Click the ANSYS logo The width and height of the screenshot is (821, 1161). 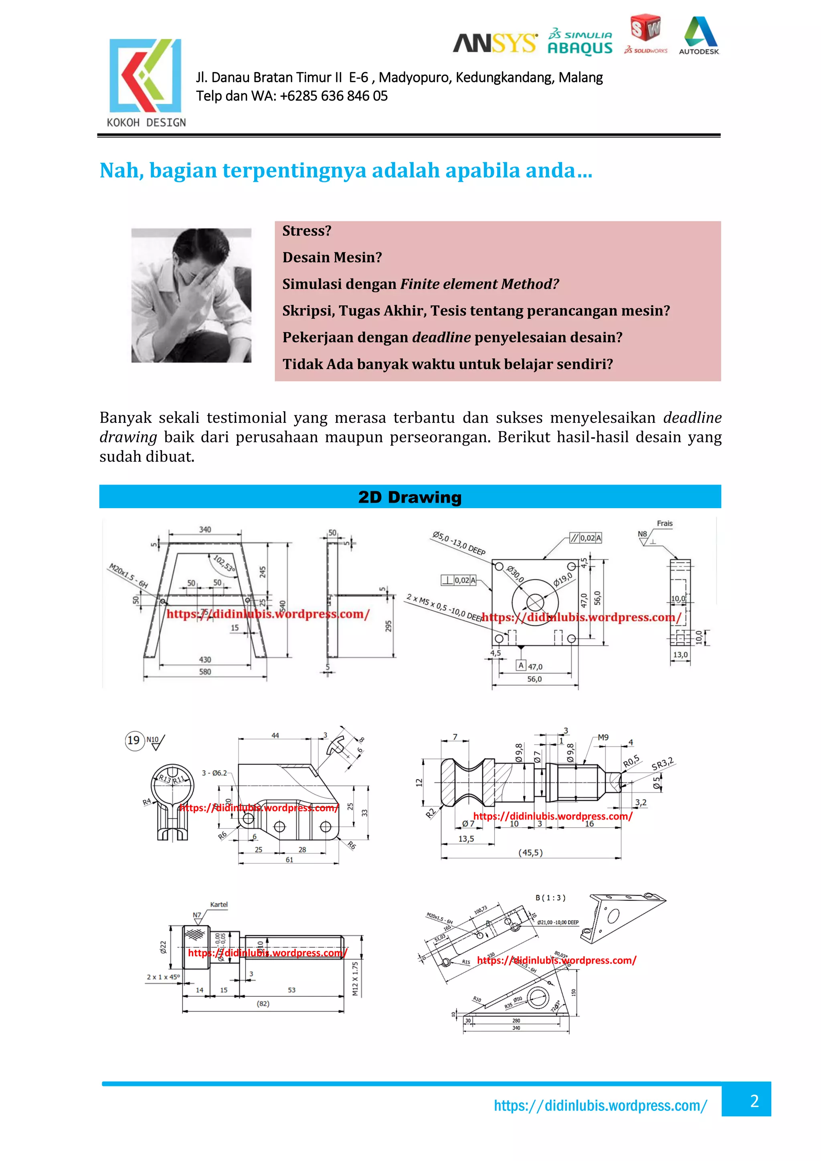(494, 44)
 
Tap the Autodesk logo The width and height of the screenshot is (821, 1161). (699, 35)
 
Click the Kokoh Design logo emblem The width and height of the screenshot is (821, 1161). (145, 75)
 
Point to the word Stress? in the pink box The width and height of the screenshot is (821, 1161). (307, 231)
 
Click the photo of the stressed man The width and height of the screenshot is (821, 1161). (191, 295)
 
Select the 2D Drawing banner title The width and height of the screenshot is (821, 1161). (410, 497)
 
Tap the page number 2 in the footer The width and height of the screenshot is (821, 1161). (754, 1101)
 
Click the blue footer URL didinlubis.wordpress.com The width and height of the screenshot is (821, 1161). (601, 1105)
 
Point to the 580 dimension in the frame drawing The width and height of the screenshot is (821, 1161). (205, 672)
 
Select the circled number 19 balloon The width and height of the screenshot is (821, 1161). (134, 740)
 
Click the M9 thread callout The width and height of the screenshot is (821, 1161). (603, 737)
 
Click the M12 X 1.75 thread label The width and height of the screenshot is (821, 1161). (355, 979)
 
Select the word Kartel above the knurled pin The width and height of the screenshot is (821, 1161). (219, 904)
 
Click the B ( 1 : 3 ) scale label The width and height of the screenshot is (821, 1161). (550, 898)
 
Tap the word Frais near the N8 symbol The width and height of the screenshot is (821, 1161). (665, 523)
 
